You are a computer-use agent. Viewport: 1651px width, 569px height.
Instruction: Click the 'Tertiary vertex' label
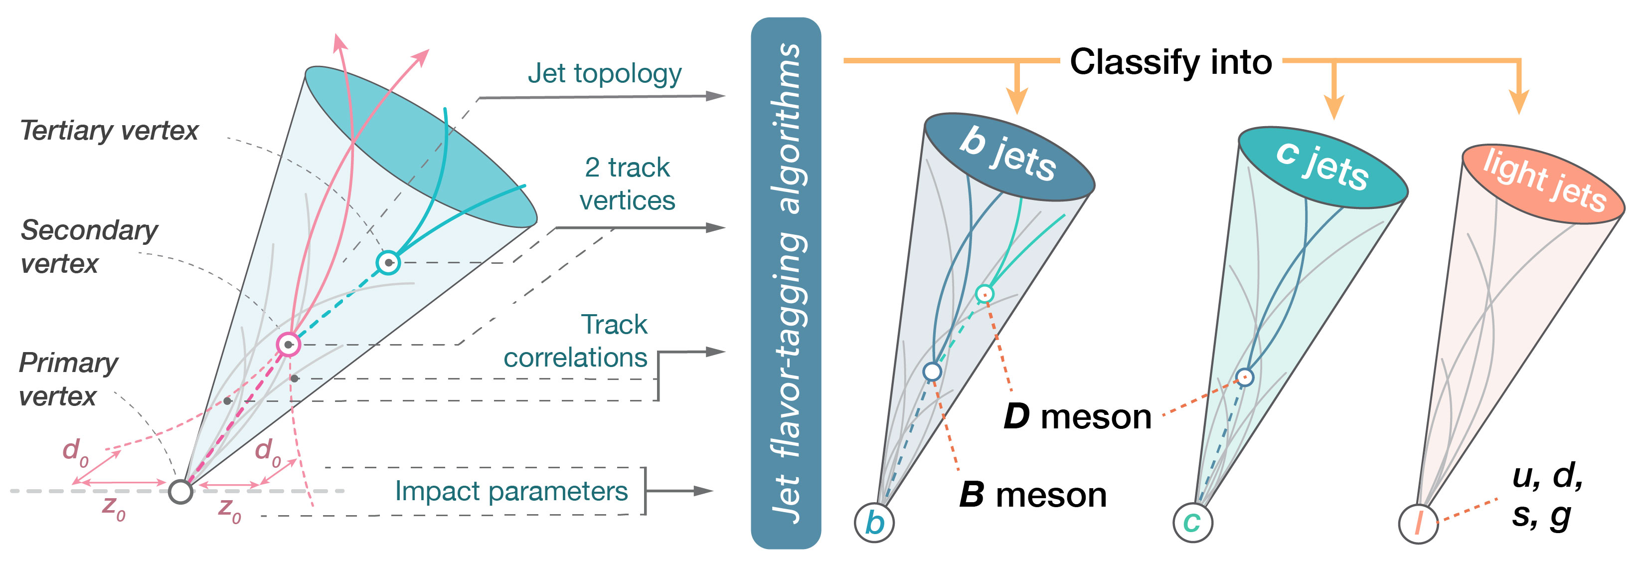click(x=109, y=131)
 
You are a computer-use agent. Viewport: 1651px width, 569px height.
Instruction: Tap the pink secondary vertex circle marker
click(x=289, y=345)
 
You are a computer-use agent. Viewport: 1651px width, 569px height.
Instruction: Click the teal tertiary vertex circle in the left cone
click(x=388, y=262)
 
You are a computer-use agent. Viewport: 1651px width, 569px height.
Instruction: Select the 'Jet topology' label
click(x=604, y=74)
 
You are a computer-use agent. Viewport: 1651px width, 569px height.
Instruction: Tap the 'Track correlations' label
click(x=576, y=341)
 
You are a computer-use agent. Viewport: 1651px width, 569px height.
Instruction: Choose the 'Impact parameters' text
click(x=511, y=491)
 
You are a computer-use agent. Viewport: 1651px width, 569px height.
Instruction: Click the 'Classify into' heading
click(x=1170, y=62)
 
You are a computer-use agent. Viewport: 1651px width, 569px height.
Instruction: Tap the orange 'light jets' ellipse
click(x=1543, y=184)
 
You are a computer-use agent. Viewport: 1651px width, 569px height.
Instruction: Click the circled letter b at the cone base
click(x=874, y=523)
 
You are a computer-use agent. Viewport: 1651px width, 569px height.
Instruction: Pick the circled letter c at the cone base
click(x=1192, y=522)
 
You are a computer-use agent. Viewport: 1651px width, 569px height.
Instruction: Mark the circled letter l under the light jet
click(x=1418, y=524)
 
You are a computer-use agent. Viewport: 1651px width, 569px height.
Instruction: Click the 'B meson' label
click(x=1032, y=496)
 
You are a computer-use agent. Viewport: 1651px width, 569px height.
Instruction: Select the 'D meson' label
click(x=1077, y=417)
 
